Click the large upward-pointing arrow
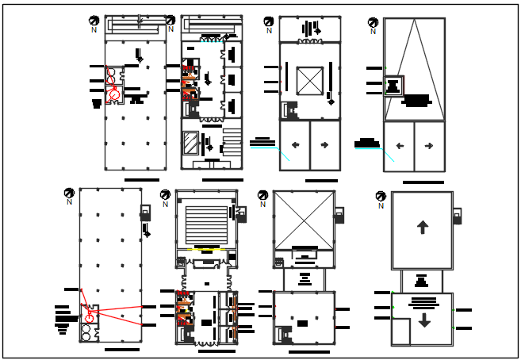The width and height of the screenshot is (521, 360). (422, 228)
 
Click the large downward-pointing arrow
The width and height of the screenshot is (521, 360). (424, 320)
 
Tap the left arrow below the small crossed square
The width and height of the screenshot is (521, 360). (295, 145)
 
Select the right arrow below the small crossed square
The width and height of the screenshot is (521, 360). (324, 145)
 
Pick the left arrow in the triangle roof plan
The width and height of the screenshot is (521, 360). (400, 146)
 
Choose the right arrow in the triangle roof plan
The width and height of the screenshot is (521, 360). (429, 146)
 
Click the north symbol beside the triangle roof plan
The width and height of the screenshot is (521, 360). (373, 24)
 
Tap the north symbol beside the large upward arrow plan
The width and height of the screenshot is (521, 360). (381, 197)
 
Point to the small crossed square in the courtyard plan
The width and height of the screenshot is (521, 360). (309, 81)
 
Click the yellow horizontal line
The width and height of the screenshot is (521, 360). (205, 250)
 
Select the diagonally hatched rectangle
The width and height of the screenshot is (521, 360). (191, 143)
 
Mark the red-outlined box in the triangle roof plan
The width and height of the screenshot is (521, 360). (394, 86)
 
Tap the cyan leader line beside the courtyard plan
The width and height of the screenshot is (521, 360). (282, 154)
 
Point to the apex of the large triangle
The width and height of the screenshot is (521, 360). (414, 20)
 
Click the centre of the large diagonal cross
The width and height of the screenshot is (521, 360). (304, 218)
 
